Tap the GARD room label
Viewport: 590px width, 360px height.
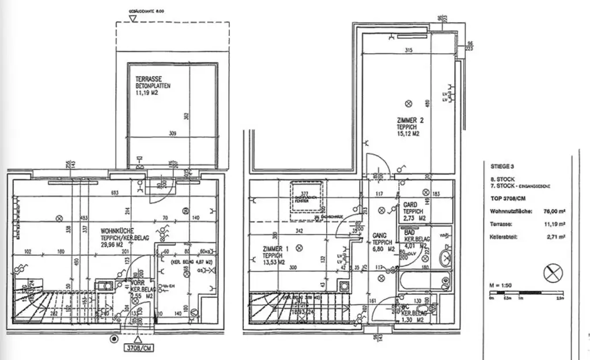coord(410,204)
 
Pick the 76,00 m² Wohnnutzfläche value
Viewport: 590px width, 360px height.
coord(554,211)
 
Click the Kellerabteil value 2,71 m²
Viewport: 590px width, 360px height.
coord(555,236)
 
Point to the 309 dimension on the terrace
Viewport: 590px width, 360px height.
coord(172,134)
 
